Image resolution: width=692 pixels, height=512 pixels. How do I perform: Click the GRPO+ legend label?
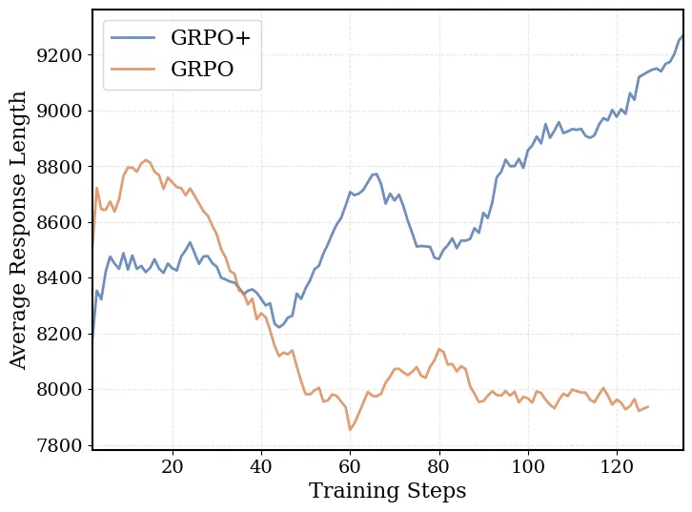point(215,38)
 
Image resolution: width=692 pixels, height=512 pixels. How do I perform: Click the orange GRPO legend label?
point(202,69)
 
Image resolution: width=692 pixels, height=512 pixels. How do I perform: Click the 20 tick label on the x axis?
point(173,466)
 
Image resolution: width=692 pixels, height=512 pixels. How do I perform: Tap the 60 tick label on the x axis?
point(350,466)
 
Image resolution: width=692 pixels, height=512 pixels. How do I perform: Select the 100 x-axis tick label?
point(527,466)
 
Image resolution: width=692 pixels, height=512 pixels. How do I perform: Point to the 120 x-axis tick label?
point(617,466)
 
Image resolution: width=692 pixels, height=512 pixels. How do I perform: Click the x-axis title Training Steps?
point(387,491)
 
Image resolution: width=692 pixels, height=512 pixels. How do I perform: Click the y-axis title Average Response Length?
point(19,229)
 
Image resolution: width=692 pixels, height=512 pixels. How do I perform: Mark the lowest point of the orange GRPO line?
point(350,429)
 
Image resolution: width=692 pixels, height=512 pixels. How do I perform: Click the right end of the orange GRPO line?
point(648,407)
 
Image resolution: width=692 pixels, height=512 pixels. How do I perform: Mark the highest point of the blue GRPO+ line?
point(682,36)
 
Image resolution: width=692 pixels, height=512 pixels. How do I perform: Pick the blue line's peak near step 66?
point(376,174)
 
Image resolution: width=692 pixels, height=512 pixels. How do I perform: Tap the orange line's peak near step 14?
point(146,160)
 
